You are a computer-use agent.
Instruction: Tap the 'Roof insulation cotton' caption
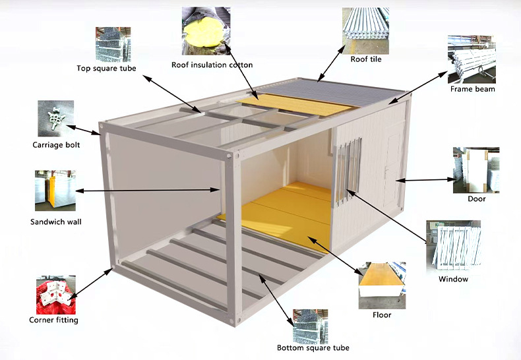pyautogui.click(x=212, y=65)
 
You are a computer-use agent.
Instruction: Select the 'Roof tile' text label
pyautogui.click(x=366, y=59)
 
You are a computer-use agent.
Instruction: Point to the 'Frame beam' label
pyautogui.click(x=472, y=89)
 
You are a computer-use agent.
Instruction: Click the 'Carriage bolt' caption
pyautogui.click(x=56, y=145)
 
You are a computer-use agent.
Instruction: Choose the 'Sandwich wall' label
pyautogui.click(x=56, y=222)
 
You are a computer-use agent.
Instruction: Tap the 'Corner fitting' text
pyautogui.click(x=54, y=320)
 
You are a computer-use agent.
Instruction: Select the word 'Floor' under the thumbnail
pyautogui.click(x=382, y=315)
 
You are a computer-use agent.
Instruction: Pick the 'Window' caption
pyautogui.click(x=453, y=279)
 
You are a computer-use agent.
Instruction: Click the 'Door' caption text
pyautogui.click(x=476, y=198)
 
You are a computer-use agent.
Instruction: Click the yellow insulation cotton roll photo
pyautogui.click(x=206, y=30)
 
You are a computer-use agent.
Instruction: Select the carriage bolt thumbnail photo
pyautogui.click(x=55, y=119)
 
